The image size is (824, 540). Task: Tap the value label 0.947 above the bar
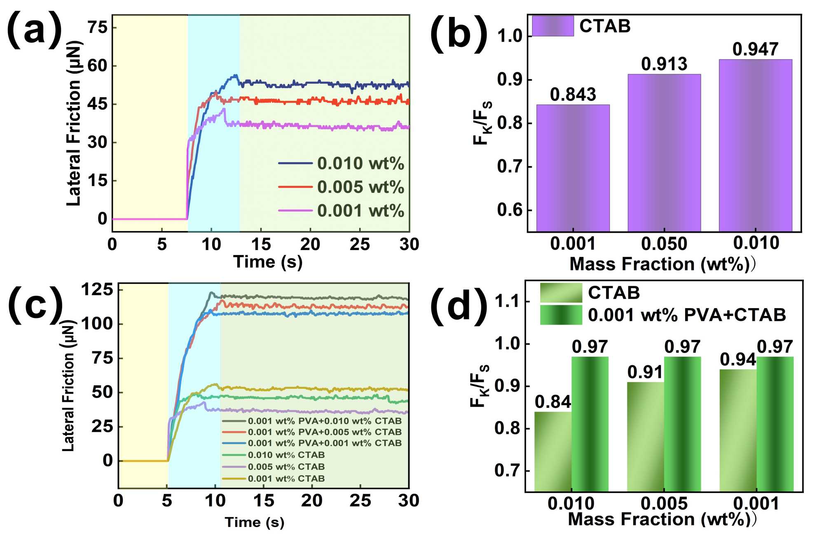coord(755,49)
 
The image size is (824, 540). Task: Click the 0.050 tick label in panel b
coord(664,244)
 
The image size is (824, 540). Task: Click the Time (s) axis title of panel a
coord(268,262)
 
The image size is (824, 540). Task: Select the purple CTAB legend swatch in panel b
coord(552,26)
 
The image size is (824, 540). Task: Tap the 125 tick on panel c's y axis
coord(97,290)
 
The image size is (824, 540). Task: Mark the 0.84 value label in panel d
coord(553,402)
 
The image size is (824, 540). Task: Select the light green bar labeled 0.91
coord(645,437)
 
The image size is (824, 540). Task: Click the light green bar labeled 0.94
coord(738,430)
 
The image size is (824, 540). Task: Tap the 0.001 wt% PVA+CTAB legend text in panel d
coord(686,315)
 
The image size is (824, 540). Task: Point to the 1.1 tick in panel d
coord(506,302)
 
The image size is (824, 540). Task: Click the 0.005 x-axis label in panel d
coord(664,503)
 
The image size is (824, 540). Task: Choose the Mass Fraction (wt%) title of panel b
coord(659,264)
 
